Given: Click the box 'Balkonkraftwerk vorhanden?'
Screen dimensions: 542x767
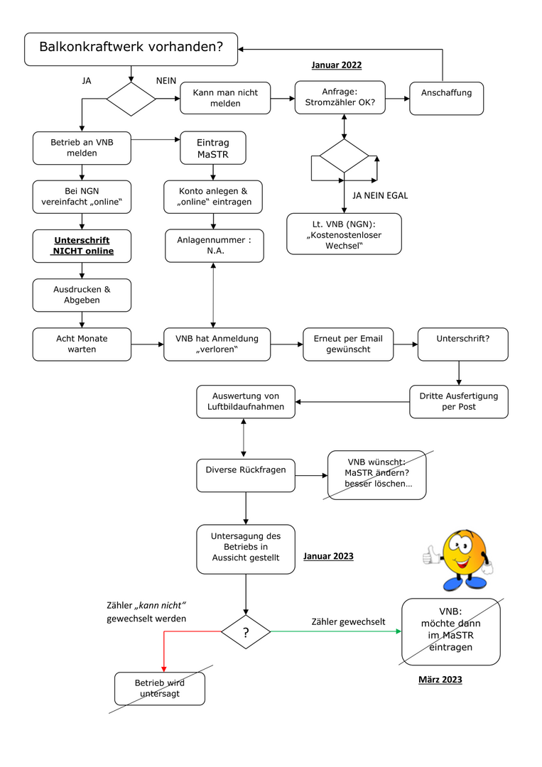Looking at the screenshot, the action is click(x=131, y=49).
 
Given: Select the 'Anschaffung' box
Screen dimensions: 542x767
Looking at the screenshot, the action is click(x=446, y=98).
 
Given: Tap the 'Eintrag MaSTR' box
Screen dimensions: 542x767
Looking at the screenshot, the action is click(x=213, y=148).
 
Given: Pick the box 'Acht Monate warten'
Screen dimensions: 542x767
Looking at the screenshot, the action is click(x=82, y=344).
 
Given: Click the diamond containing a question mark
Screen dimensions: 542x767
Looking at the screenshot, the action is click(x=246, y=632).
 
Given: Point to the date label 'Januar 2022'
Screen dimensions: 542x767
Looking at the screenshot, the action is click(x=337, y=65).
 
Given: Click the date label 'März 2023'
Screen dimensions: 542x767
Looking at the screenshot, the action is click(x=440, y=680).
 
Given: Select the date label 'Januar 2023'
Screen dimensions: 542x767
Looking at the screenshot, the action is click(x=328, y=556).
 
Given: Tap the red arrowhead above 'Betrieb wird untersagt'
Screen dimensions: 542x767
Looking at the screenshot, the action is click(x=164, y=669).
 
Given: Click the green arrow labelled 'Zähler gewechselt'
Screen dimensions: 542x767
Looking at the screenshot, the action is click(x=336, y=631).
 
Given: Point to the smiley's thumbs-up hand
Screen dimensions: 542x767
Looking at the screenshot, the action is click(x=432, y=555).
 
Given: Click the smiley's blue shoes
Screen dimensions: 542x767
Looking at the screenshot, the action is click(x=465, y=583).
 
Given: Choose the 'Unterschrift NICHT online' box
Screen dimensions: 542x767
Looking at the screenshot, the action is click(x=82, y=246).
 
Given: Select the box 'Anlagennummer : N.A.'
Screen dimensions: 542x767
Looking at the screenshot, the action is click(x=215, y=246).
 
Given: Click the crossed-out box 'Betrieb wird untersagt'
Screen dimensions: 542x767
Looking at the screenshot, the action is click(x=159, y=689).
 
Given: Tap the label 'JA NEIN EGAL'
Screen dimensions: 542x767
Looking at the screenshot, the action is click(x=380, y=196).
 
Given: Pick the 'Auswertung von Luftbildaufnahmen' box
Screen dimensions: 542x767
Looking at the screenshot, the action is click(x=246, y=401).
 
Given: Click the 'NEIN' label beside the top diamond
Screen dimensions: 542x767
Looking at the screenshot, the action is click(x=166, y=81).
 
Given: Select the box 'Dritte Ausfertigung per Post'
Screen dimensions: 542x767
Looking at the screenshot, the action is click(x=458, y=401).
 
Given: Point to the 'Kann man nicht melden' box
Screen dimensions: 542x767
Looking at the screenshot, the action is click(x=225, y=98).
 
